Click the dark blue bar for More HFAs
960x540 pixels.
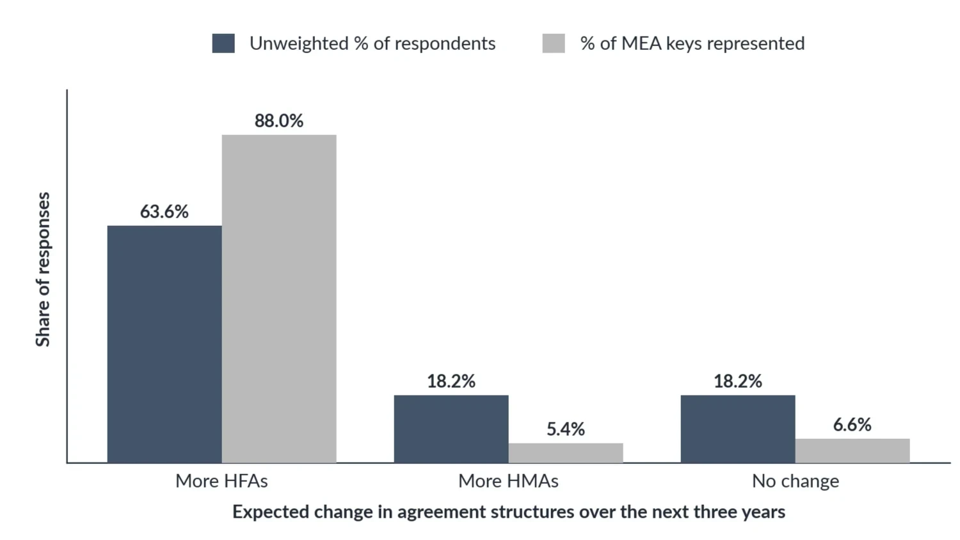[x=164, y=344]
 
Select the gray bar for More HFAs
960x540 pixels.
[x=279, y=299]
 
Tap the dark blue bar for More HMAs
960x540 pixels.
[x=451, y=429]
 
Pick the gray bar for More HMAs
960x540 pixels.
[x=566, y=453]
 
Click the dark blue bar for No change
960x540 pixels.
[x=738, y=429]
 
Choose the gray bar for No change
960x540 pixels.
[x=852, y=451]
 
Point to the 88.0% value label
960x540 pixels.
[x=279, y=121]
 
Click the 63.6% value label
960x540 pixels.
[x=164, y=212]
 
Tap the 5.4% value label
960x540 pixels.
[x=566, y=429]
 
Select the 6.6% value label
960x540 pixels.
[x=852, y=425]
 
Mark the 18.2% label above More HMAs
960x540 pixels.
[x=451, y=381]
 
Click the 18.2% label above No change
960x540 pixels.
[x=738, y=381]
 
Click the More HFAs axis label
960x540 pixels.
[x=221, y=481]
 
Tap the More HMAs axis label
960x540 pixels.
[x=508, y=481]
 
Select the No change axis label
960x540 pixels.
[x=796, y=481]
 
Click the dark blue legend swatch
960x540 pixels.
[x=223, y=44]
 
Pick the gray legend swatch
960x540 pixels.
[x=554, y=44]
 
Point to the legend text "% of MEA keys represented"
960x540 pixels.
[x=692, y=44]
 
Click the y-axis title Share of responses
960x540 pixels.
[x=43, y=269]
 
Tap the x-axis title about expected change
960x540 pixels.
[x=509, y=512]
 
